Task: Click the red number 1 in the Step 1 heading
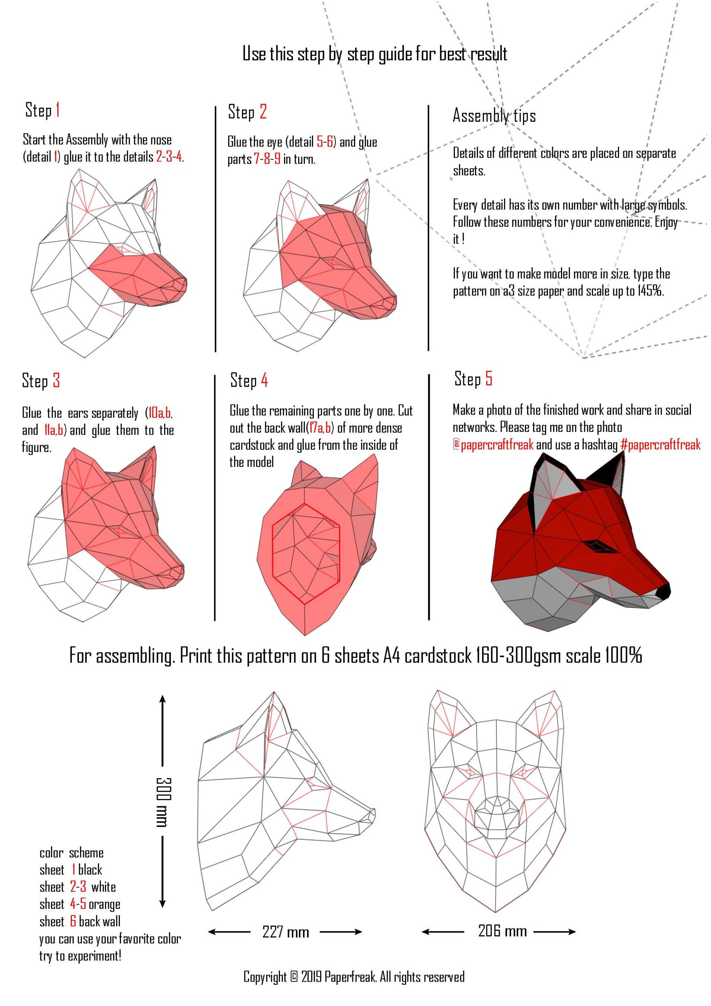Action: tap(57, 110)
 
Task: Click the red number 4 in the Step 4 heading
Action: tap(264, 380)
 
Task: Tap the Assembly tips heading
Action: tap(494, 116)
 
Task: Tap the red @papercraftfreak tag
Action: tap(493, 445)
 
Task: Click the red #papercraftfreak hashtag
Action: tap(660, 445)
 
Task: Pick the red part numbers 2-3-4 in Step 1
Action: tap(169, 157)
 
